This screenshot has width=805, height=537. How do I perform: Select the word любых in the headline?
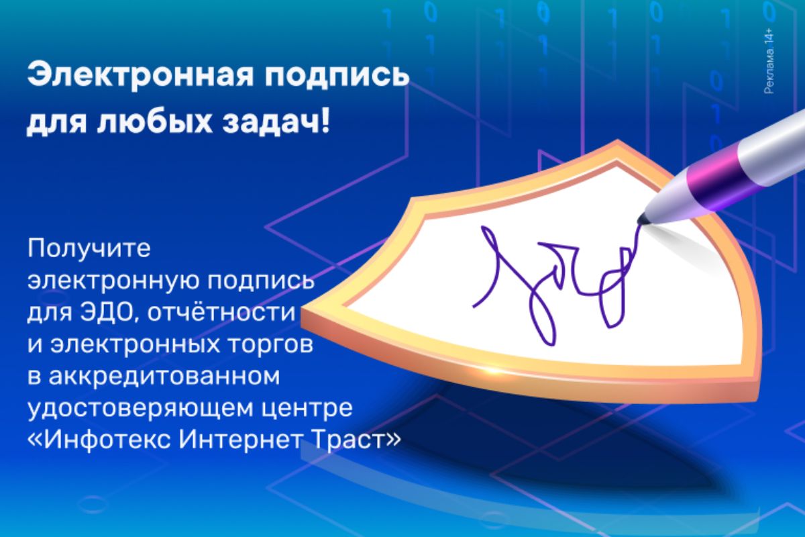tap(154, 122)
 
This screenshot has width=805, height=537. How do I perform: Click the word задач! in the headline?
tap(276, 122)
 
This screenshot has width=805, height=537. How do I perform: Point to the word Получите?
tap(89, 248)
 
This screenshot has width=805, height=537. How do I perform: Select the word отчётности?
tap(221, 312)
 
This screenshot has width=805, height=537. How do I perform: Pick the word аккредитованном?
tap(164, 376)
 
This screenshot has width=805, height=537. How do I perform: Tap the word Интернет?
tap(239, 438)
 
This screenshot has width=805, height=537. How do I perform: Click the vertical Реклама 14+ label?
tap(769, 61)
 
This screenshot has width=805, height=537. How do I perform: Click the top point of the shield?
tap(617, 140)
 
